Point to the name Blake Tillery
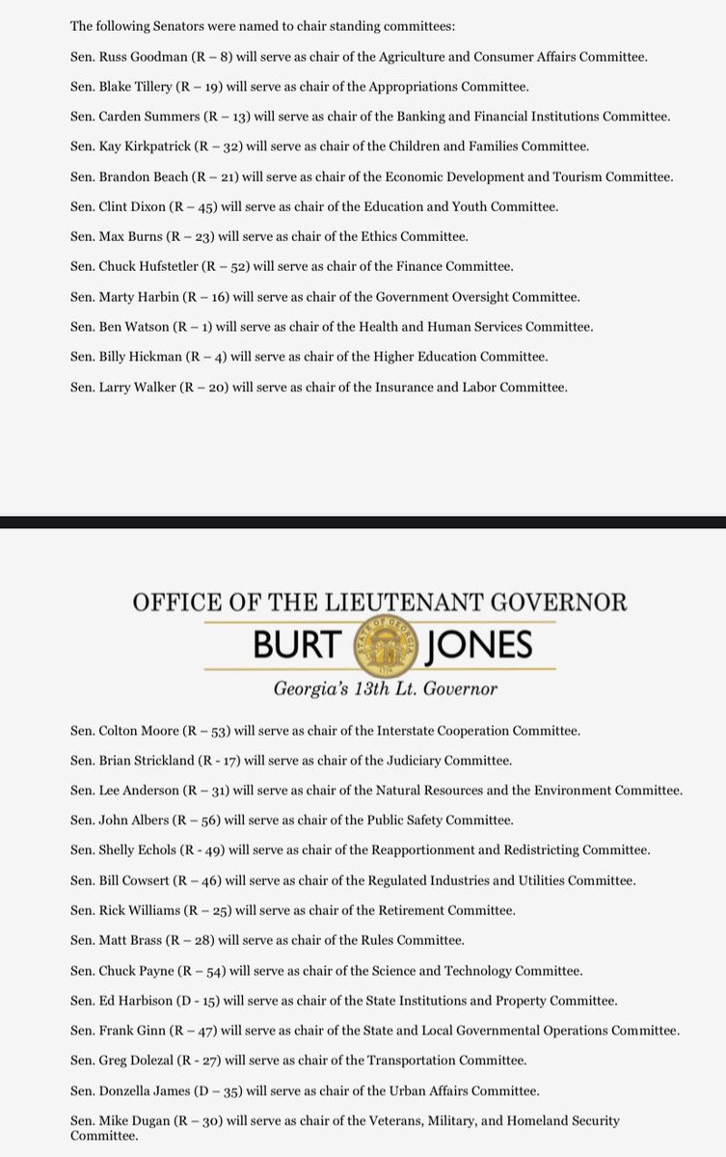[x=136, y=87]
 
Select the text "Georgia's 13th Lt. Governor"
[x=387, y=690]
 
